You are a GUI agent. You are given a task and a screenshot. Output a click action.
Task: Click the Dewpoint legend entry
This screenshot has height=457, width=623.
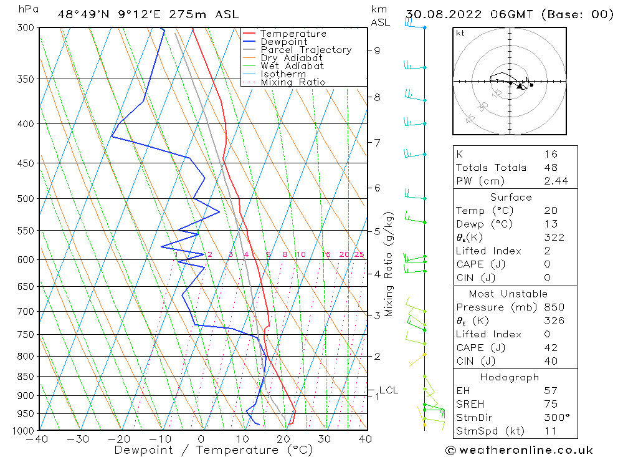pyautogui.click(x=283, y=42)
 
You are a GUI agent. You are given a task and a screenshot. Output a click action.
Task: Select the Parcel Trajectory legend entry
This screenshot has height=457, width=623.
pyautogui.click(x=305, y=50)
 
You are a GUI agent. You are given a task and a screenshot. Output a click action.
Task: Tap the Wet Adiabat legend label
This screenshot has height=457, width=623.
pyautogui.click(x=292, y=66)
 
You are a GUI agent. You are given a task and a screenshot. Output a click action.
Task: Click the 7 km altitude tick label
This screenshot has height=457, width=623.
pyautogui.click(x=378, y=143)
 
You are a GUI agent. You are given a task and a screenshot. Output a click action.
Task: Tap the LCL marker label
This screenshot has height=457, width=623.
pyautogui.click(x=388, y=391)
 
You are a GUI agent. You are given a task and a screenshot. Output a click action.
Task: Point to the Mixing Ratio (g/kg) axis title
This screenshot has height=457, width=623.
pyautogui.click(x=389, y=264)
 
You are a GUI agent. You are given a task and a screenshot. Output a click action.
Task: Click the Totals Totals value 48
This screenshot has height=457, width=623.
pyautogui.click(x=550, y=168)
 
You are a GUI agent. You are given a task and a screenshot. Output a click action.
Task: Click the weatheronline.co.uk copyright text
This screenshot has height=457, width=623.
pyautogui.click(x=519, y=450)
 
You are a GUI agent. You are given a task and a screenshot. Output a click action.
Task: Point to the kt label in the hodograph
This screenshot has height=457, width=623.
pyautogui.click(x=460, y=33)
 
